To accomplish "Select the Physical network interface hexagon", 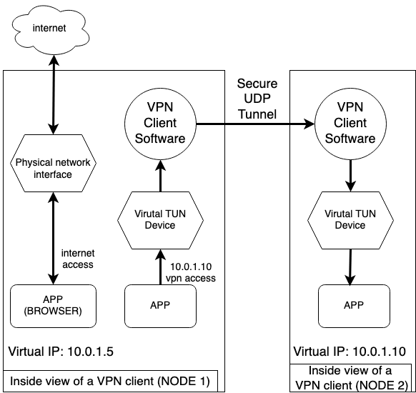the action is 53,163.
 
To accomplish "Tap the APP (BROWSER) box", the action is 53,306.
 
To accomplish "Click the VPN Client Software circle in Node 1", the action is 161,124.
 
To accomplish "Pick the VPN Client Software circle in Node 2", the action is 350,124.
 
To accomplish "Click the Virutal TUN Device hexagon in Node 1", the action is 161,220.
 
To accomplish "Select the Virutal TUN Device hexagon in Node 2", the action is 350,220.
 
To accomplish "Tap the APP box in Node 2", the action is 355,306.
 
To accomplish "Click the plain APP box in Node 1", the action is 161,306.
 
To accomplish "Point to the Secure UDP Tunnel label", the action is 257,99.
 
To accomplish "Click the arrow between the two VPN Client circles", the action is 255,124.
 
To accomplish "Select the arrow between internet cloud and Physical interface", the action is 54,94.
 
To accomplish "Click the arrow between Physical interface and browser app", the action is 54,238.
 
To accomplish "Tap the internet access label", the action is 78,259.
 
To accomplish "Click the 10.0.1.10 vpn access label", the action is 191,272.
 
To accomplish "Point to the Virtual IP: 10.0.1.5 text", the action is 61,352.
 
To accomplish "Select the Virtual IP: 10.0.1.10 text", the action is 350,352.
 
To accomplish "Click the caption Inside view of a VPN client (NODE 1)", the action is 110,381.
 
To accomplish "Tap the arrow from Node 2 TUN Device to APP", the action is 350,267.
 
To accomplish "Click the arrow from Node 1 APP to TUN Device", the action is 160,267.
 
